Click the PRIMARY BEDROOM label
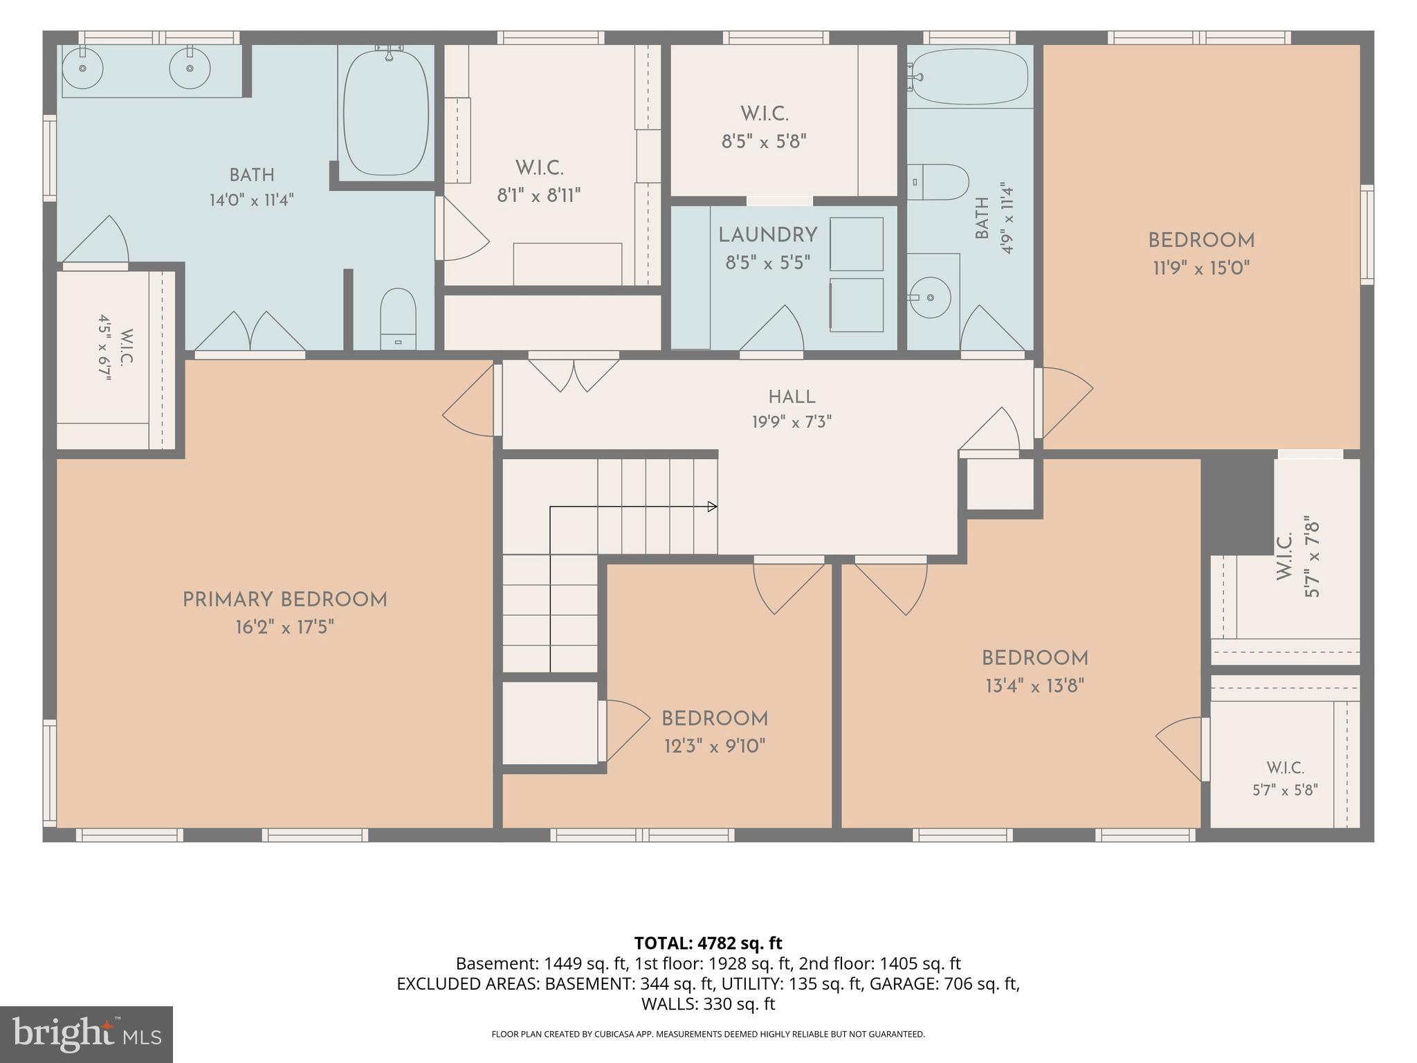(x=284, y=600)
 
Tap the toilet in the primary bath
(x=398, y=319)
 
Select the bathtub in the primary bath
(x=386, y=111)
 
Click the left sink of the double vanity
(x=83, y=68)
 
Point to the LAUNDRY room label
(x=768, y=235)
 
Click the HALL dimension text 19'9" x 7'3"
(x=792, y=421)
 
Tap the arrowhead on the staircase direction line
(x=712, y=507)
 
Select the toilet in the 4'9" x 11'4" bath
(x=938, y=182)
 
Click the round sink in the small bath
(x=929, y=298)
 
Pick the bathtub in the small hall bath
(x=969, y=76)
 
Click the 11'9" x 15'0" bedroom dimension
(x=1201, y=268)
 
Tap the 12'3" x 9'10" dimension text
(x=715, y=746)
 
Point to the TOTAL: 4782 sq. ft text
(x=708, y=943)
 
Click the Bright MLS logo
(x=86, y=1035)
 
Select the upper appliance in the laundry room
(x=857, y=244)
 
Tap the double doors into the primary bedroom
(x=250, y=333)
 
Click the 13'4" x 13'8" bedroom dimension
(x=1034, y=686)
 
